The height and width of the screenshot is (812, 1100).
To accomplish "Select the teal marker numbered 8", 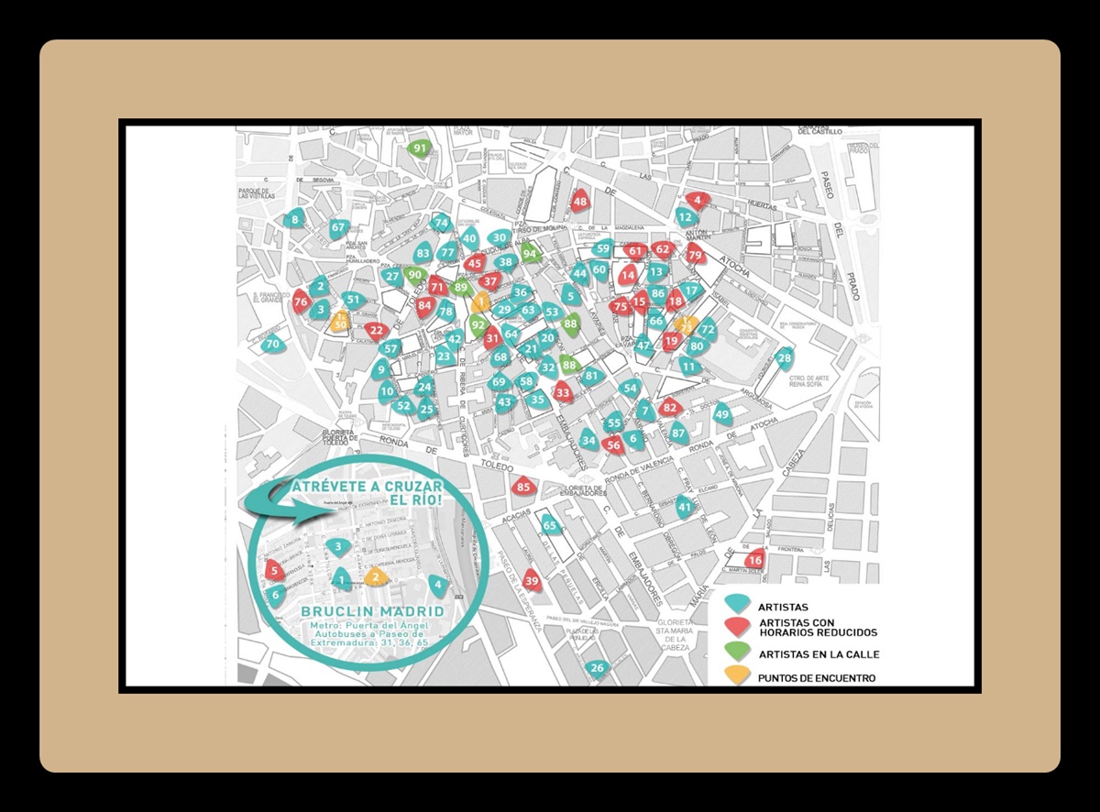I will [294, 220].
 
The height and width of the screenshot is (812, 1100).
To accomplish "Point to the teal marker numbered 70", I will [272, 345].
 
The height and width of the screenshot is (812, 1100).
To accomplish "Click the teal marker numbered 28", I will [784, 357].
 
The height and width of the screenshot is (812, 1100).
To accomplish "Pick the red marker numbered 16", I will [754, 560].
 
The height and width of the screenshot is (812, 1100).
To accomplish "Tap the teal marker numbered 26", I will [598, 668].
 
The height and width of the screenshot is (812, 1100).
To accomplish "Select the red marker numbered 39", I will [531, 579].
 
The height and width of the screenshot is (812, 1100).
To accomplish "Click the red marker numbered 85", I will [523, 487].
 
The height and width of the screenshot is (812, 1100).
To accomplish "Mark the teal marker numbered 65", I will [550, 525].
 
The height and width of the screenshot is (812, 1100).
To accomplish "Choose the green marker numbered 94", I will [529, 254].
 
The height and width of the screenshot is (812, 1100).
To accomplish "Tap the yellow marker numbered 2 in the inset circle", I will [374, 577].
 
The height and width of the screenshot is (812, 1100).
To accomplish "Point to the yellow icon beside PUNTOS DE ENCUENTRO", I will [736, 677].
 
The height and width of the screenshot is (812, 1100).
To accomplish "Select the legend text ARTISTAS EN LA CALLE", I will [819, 654].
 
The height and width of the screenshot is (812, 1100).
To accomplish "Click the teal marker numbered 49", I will [722, 414].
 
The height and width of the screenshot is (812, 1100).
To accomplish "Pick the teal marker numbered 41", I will [685, 507].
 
